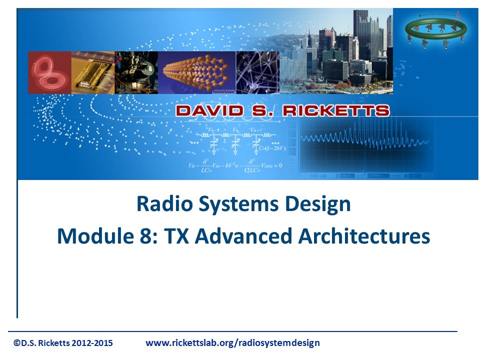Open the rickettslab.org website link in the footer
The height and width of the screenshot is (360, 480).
coord(232,343)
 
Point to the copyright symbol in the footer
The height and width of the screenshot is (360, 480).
coord(17,343)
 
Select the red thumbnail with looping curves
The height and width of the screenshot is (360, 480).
coord(49,72)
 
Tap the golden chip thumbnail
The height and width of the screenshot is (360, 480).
coord(93,72)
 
